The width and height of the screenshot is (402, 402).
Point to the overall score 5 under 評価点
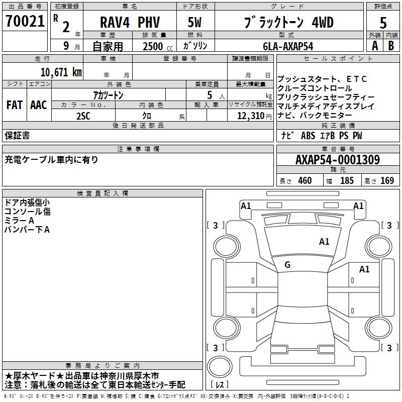(383, 23)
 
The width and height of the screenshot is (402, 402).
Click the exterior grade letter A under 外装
(374, 46)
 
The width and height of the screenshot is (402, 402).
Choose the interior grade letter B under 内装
(391, 46)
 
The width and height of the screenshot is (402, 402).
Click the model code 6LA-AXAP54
(288, 46)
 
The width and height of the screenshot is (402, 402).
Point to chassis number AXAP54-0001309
(337, 160)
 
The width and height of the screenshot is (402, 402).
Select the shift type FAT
(14, 105)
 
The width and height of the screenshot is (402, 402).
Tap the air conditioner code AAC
(39, 105)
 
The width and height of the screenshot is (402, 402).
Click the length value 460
(305, 181)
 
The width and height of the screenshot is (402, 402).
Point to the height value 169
(387, 181)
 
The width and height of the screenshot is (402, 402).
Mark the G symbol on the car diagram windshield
(287, 265)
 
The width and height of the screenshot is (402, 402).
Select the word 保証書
(17, 135)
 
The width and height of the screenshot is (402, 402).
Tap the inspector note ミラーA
(19, 221)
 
